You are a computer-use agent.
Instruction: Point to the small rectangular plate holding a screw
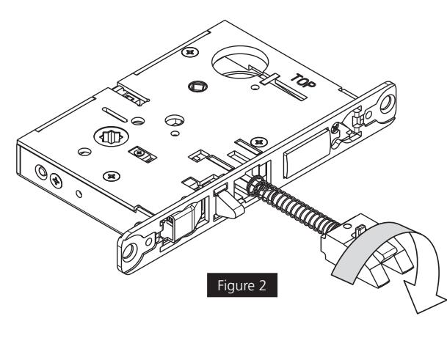[137, 153]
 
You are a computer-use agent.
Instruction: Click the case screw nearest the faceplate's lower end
[111, 175]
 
